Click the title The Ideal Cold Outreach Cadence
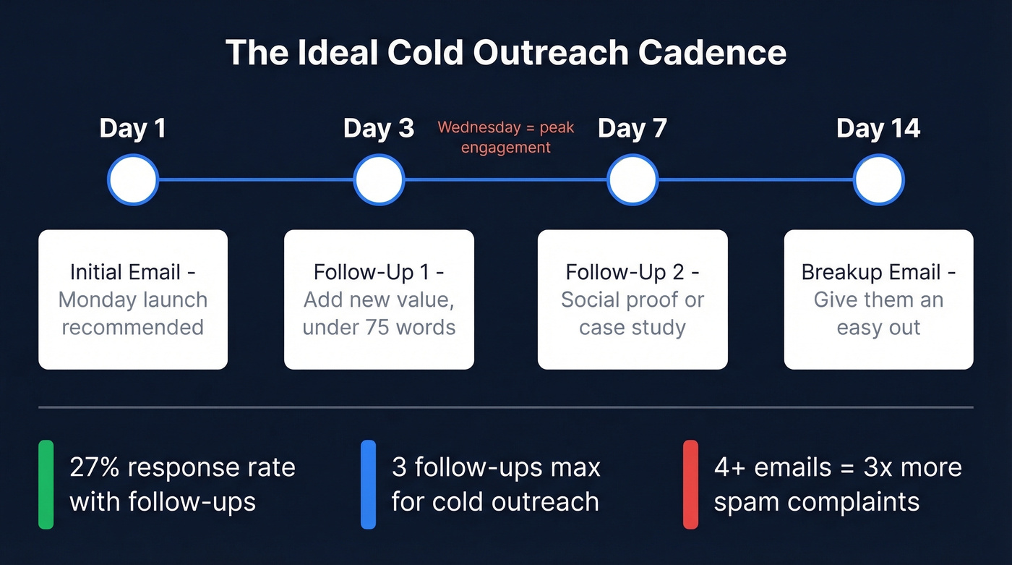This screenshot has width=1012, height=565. (x=506, y=53)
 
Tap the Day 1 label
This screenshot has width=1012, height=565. (x=132, y=129)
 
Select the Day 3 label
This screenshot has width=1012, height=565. (x=379, y=129)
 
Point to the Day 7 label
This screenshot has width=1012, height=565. (x=632, y=129)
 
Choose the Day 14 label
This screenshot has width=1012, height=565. (x=878, y=129)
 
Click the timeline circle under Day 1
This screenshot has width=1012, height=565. (x=132, y=179)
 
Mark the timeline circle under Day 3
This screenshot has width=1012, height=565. (x=379, y=179)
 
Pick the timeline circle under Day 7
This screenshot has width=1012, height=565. (x=632, y=179)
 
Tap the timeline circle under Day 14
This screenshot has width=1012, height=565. (x=878, y=179)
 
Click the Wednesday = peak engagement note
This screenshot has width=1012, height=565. (x=506, y=137)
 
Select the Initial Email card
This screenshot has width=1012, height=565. (x=133, y=300)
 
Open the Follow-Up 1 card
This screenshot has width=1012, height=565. (x=379, y=300)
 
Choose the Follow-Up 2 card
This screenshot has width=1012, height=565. (x=632, y=300)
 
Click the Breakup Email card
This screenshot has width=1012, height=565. (x=878, y=300)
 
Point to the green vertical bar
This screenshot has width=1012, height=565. (x=46, y=484)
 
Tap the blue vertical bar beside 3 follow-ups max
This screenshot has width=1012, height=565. (x=368, y=484)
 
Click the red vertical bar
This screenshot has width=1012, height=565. (x=690, y=484)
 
